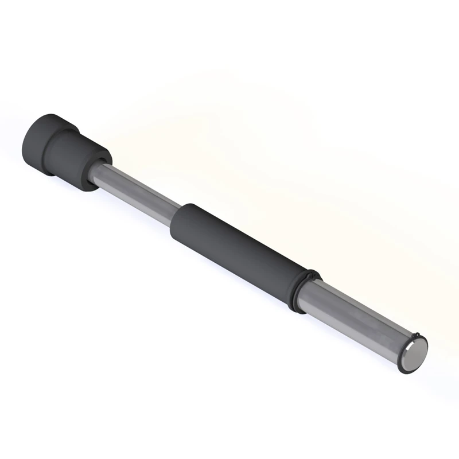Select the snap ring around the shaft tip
pos(402,367)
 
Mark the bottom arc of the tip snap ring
pos(404,372)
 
